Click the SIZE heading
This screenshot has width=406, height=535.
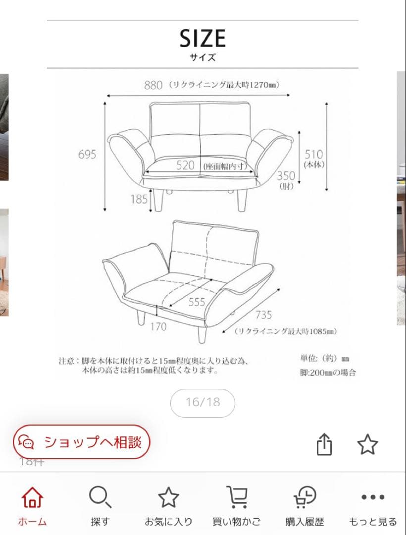pyautogui.click(x=203, y=39)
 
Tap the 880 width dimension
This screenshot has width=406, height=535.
pyautogui.click(x=153, y=85)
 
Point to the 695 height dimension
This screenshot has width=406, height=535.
pyautogui.click(x=87, y=154)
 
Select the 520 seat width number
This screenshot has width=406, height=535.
pyautogui.click(x=186, y=165)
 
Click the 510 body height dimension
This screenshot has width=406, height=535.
pyautogui.click(x=313, y=154)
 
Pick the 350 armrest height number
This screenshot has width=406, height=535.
pyautogui.click(x=286, y=176)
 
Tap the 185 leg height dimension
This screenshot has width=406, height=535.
pyautogui.click(x=139, y=199)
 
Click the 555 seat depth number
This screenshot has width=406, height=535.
pyautogui.click(x=197, y=302)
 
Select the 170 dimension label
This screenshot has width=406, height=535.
pyautogui.click(x=158, y=326)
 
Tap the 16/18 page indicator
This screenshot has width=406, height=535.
pyautogui.click(x=203, y=402)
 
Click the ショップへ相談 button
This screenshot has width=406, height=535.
pyautogui.click(x=81, y=442)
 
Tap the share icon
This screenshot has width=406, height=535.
pyautogui.click(x=324, y=444)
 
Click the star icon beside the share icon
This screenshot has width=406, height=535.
pyautogui.click(x=367, y=444)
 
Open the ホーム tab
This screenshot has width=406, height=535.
pyautogui.click(x=32, y=505)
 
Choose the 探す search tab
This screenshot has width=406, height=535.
pyautogui.click(x=100, y=505)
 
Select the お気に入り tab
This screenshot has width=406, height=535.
pyautogui.click(x=168, y=505)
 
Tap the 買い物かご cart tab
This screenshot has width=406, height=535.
pyautogui.click(x=236, y=505)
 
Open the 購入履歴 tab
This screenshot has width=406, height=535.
pyautogui.click(x=304, y=505)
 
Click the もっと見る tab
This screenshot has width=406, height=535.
pyautogui.click(x=372, y=505)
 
